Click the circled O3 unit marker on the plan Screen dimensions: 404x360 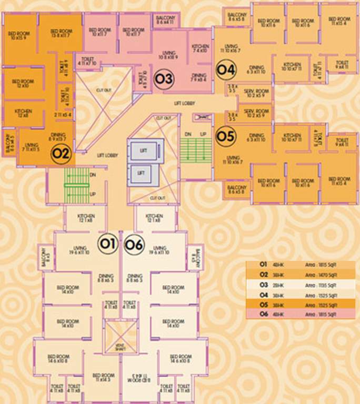tap(163, 79)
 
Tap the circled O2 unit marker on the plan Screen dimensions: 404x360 tap(61, 154)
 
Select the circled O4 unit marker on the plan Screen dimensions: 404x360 tap(225, 69)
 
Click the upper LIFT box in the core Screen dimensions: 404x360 tap(143, 150)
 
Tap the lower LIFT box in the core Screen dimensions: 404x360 tap(141, 173)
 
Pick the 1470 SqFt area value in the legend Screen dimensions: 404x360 tap(322, 275)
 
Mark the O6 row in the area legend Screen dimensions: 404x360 tap(300, 314)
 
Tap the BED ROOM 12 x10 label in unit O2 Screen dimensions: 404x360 tap(23, 83)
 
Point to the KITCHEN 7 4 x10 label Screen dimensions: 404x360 tap(201, 49)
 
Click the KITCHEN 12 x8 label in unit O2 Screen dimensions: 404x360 tap(24, 113)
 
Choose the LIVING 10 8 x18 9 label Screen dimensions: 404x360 tap(169, 55)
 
